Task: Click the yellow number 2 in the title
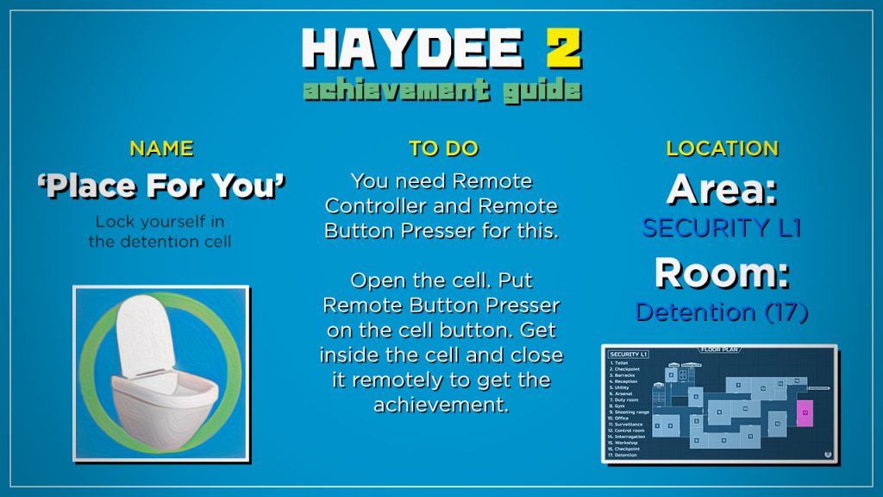[x=563, y=50]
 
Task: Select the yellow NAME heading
[x=161, y=148]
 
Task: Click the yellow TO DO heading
[x=443, y=148]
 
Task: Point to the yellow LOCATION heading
[x=722, y=148]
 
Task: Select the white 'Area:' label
[x=722, y=190]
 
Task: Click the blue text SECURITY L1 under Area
[x=722, y=228]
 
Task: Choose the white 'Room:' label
[x=722, y=274]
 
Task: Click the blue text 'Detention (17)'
[x=722, y=311]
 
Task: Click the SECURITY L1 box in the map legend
[x=629, y=355]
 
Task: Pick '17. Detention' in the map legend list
[x=624, y=455]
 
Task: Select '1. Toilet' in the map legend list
[x=622, y=363]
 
